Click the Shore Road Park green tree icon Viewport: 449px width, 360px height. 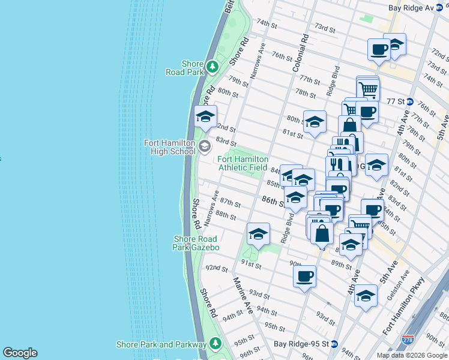(x=212, y=65)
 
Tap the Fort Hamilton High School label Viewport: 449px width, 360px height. (x=169, y=147)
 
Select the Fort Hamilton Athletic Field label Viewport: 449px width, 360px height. (x=243, y=163)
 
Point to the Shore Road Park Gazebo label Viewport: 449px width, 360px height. (x=196, y=243)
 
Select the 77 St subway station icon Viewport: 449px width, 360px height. (x=410, y=101)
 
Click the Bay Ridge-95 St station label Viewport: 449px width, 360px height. (x=301, y=344)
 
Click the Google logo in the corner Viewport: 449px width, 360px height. (x=20, y=353)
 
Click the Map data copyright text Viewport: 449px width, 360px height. (x=411, y=355)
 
